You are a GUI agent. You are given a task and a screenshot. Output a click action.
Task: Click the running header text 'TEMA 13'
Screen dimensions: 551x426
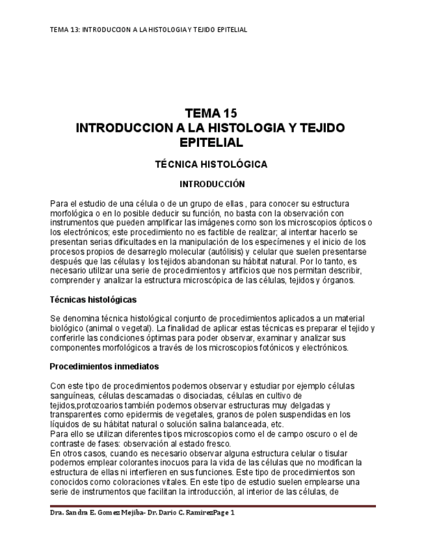click(x=62, y=30)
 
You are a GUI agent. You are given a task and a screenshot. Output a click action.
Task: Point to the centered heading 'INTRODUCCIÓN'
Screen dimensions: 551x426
click(x=212, y=185)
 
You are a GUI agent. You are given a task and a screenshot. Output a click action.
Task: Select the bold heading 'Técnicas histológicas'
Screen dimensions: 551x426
click(x=93, y=300)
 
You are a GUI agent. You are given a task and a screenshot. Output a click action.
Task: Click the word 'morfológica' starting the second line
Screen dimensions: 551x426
click(x=72, y=212)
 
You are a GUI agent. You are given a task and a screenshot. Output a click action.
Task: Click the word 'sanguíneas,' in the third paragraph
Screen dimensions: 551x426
click(x=73, y=395)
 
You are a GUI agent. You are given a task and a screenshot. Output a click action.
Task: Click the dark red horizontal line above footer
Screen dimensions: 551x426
click(x=213, y=506)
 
